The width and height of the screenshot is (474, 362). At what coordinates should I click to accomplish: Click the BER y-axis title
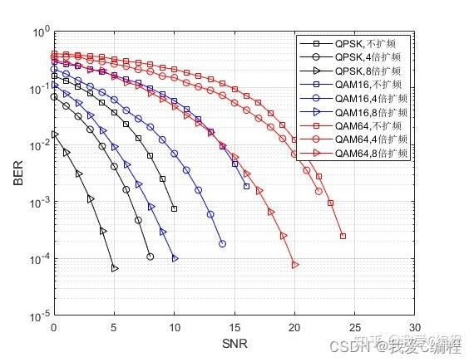(17, 174)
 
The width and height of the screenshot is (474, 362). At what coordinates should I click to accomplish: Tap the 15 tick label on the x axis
(235, 328)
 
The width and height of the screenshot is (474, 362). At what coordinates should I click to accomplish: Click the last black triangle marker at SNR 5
(115, 268)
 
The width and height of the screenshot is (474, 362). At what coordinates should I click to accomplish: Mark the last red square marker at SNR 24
(343, 237)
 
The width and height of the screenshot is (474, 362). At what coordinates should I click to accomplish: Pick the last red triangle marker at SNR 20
(295, 265)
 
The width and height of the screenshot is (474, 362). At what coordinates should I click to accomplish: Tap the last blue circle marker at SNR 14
(222, 243)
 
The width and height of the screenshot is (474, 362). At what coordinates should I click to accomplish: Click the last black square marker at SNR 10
(175, 208)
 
